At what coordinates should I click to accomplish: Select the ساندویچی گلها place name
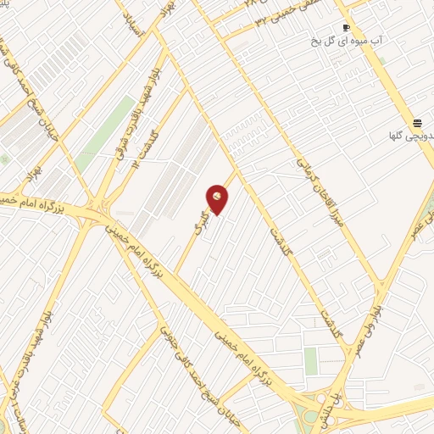click(x=409, y=135)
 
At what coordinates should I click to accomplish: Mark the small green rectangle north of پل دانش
click(x=311, y=361)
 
